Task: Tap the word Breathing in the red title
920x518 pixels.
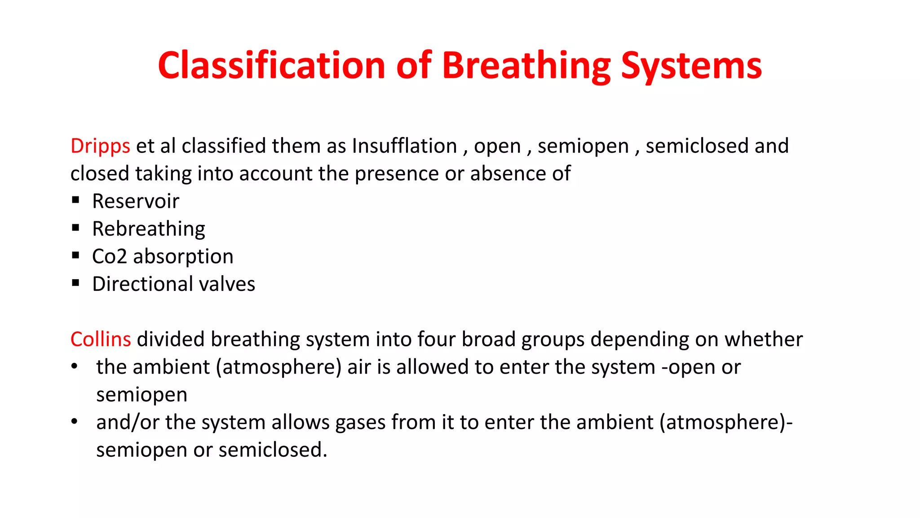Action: (526, 67)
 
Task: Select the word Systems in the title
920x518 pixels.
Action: (691, 67)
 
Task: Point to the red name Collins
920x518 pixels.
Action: (101, 339)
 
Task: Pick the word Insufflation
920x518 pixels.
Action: (404, 146)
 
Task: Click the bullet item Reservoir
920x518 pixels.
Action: (136, 201)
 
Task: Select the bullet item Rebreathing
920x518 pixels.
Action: (149, 229)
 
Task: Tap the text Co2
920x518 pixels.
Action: (110, 256)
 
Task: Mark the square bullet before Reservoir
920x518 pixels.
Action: (75, 200)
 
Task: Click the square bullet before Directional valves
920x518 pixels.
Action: (75, 283)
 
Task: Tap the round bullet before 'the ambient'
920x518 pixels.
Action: (75, 366)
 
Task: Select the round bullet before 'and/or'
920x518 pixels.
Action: (75, 421)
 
